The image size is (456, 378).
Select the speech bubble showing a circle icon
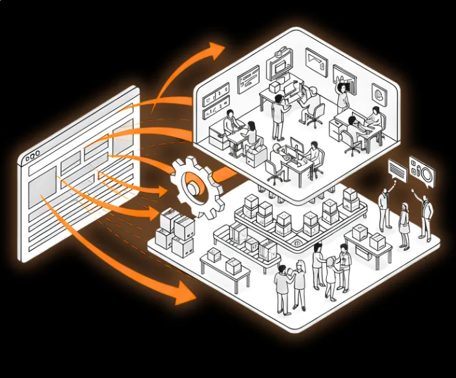pos(422,173)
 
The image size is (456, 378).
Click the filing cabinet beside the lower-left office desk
pos(257,156)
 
